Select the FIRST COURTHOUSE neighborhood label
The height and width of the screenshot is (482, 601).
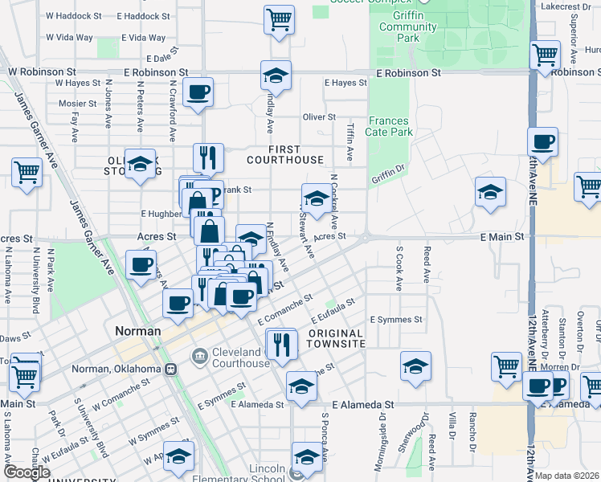tap(284, 154)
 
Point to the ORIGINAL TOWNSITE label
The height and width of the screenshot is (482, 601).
tap(336, 338)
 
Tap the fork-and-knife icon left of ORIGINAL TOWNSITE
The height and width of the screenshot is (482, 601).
tap(281, 343)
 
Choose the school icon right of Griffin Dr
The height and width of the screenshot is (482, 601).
tap(490, 192)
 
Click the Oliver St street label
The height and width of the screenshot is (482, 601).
tap(319, 117)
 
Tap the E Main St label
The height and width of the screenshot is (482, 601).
tap(502, 237)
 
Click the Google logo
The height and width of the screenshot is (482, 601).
tap(27, 472)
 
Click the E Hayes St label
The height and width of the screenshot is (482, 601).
tap(345, 83)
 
